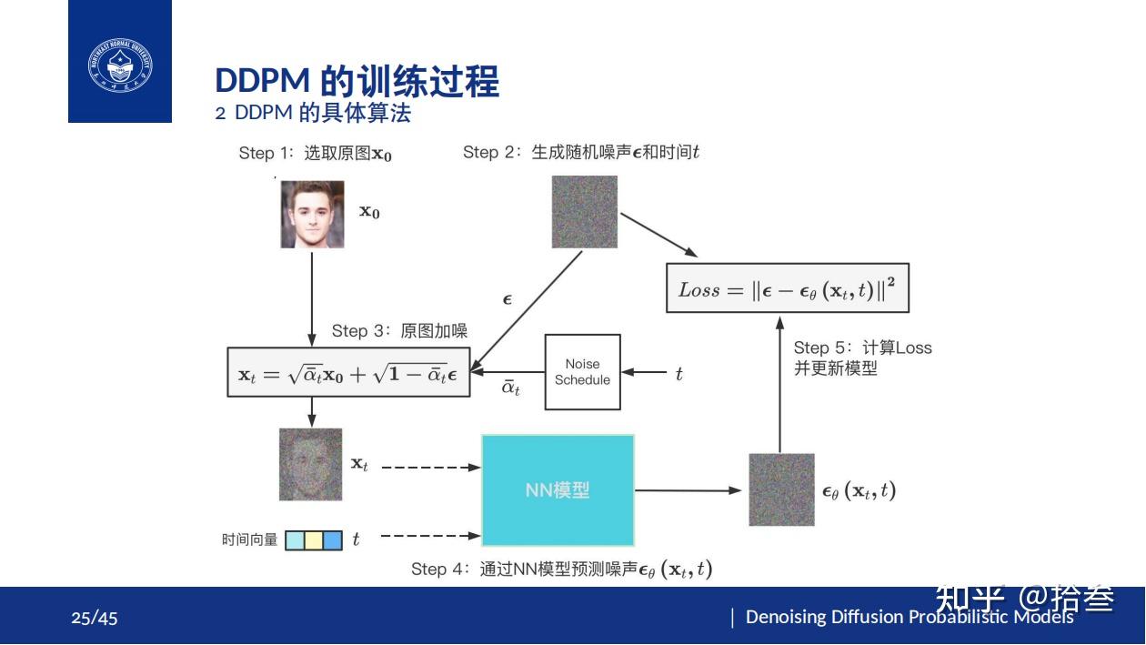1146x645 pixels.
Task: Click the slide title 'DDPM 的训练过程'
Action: (357, 81)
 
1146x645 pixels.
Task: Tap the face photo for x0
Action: (312, 215)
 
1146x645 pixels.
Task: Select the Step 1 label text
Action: (315, 154)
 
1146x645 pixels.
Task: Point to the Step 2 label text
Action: (580, 153)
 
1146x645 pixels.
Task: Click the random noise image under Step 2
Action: (585, 212)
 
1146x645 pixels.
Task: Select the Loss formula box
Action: (788, 289)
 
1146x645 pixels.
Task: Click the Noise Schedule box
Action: (582, 372)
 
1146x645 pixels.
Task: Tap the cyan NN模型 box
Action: (558, 489)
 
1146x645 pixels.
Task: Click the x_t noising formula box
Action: (347, 372)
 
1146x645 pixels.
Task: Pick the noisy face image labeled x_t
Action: (310, 464)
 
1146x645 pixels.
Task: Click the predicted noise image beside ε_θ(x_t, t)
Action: (781, 489)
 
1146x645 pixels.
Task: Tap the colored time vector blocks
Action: (314, 540)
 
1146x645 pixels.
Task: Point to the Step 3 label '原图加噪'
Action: (399, 331)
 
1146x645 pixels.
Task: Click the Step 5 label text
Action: (861, 358)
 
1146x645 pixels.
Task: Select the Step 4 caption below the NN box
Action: (561, 569)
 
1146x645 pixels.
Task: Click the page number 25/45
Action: (95, 619)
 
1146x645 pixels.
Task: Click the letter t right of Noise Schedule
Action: (679, 373)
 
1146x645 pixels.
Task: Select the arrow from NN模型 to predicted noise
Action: (689, 490)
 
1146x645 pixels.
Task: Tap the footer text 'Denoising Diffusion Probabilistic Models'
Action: (910, 617)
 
